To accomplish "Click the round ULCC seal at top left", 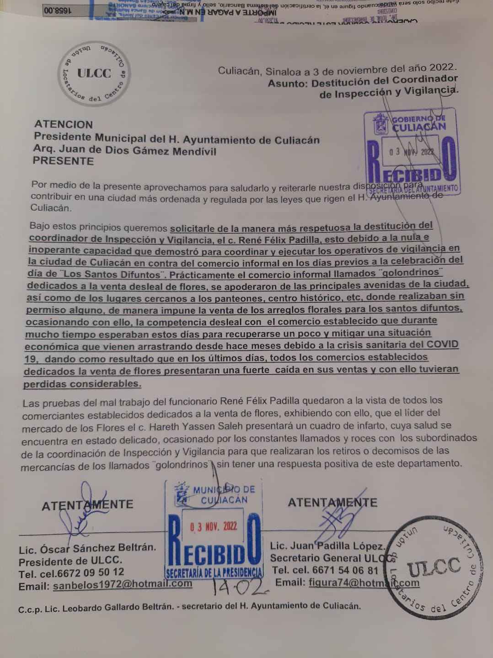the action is point(94,74).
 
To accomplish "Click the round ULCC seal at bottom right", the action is point(434,567).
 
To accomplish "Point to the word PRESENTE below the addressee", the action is point(63,161).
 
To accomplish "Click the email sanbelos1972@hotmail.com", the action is point(122,584).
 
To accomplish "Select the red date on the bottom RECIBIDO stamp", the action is point(214,526).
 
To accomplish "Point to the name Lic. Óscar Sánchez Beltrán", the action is point(87,548).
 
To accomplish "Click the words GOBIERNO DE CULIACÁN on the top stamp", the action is point(418,122).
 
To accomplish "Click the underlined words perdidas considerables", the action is point(82,384).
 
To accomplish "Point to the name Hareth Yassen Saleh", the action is point(198,427).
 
